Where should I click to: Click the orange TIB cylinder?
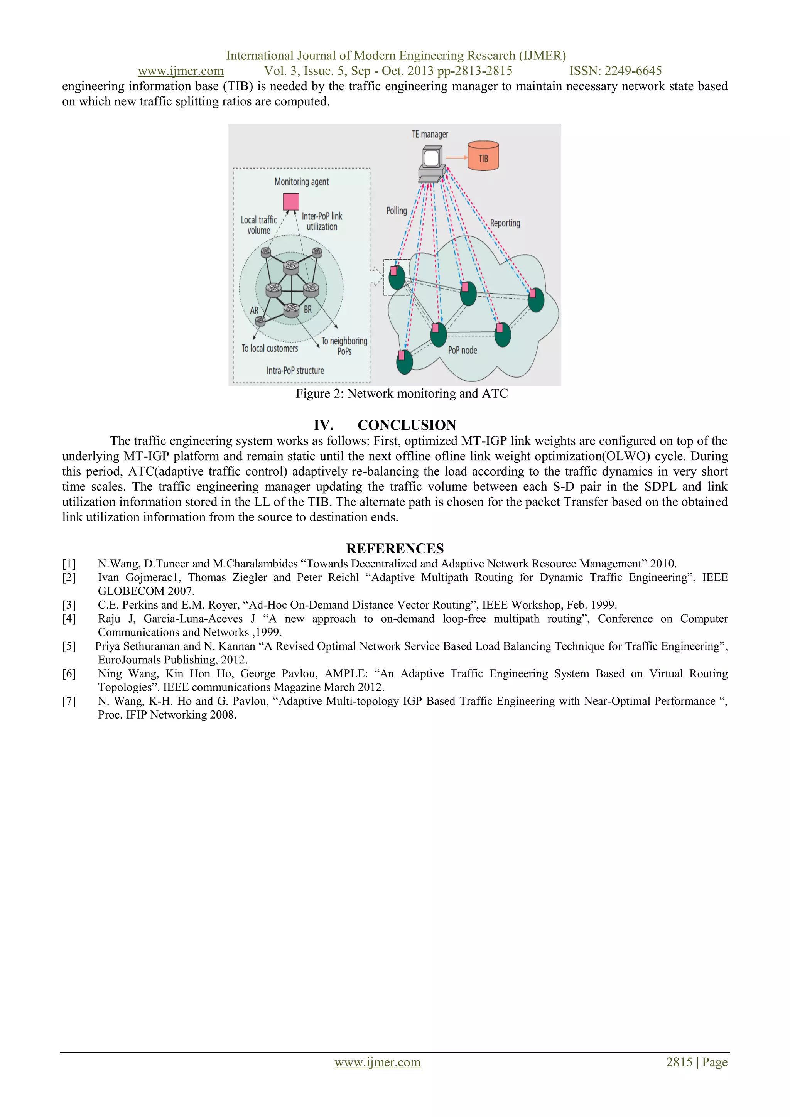483,156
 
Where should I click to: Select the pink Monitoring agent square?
291,201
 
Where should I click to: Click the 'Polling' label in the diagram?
397,211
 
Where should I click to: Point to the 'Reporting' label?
505,223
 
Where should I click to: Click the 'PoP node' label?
463,350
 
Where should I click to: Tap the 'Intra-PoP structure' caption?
295,371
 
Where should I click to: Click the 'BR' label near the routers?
308,309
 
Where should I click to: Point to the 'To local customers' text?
270,348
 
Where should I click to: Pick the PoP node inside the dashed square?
397,277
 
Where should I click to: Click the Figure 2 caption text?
401,393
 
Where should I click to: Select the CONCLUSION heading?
407,425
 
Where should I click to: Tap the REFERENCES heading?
395,548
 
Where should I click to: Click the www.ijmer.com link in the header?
181,71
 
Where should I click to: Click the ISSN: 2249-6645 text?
615,71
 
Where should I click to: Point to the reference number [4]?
69,619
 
